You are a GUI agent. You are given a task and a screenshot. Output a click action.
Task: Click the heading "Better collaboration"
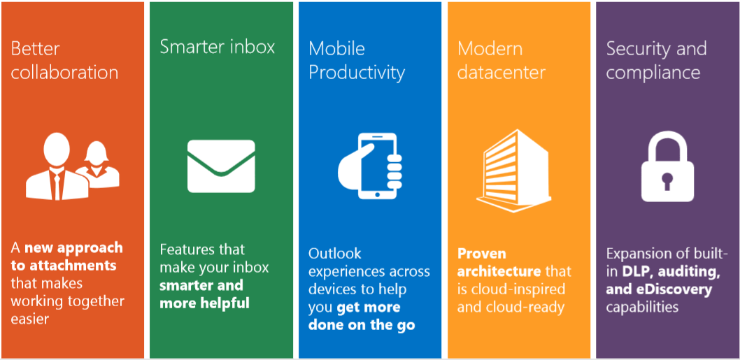[x=64, y=60]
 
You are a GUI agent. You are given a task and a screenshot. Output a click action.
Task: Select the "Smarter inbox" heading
[x=217, y=47]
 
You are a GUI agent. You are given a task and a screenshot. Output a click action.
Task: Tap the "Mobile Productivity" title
[x=357, y=60]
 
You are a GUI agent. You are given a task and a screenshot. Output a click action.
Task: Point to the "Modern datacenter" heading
[x=501, y=60]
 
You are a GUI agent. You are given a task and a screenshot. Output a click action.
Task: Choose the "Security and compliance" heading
[x=657, y=60]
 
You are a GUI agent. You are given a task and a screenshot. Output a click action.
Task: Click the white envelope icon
[x=221, y=166]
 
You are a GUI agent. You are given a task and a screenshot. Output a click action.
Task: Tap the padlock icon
[x=667, y=166]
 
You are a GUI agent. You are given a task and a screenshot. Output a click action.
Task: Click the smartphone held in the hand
[x=376, y=166]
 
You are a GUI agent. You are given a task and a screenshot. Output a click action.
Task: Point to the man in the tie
[x=57, y=166]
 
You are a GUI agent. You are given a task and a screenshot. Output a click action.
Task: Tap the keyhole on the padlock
[x=667, y=182]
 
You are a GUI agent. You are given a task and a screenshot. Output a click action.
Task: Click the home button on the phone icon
[x=376, y=194]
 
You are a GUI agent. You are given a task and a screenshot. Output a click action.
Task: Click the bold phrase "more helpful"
[x=204, y=303]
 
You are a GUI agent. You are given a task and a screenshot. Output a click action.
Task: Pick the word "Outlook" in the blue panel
[x=335, y=253]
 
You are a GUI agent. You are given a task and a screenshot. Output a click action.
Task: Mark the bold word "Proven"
[x=482, y=253]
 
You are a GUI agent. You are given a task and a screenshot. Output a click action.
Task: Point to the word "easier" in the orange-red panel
[x=30, y=319]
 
